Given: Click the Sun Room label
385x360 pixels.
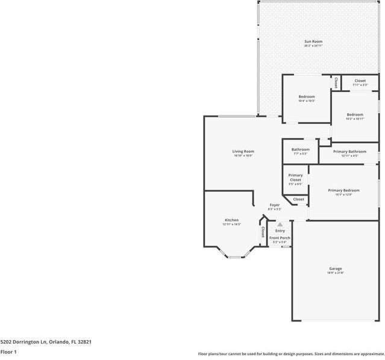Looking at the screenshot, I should point(313,42).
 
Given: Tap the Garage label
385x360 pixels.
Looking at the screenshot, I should point(336,268).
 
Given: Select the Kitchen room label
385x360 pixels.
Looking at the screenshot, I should point(231,220).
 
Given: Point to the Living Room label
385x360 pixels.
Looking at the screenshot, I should point(243,151).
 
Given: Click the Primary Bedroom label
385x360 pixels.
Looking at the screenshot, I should point(343,190).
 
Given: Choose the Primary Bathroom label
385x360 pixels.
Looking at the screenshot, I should point(349,151).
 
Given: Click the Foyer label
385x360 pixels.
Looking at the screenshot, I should point(275,205).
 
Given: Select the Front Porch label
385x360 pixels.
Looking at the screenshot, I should point(280,238).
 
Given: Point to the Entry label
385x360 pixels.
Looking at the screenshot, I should point(280,231).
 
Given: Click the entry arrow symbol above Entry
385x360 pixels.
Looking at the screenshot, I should point(280,224).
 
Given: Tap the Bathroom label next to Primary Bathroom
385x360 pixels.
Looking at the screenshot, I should point(301,149).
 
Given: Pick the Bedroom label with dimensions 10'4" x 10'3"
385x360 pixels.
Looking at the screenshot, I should point(307,96).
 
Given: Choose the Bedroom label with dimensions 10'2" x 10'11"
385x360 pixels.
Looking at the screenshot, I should point(355,114).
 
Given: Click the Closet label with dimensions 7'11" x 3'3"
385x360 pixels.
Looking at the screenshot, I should point(360,81).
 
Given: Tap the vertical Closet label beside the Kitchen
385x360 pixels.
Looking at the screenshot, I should point(263,232).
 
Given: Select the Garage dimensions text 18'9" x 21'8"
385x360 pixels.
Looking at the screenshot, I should point(336,273).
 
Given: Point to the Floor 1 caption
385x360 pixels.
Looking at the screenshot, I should point(8,352).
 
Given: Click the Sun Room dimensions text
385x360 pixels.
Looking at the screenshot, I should point(313,46).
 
